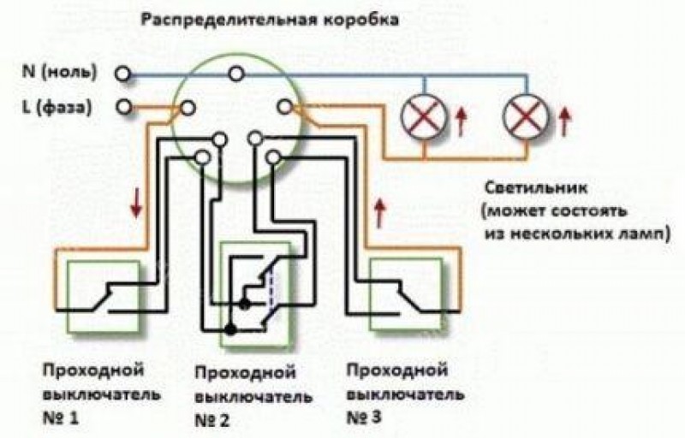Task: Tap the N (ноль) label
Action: coord(61,72)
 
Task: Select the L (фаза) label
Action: coord(59,108)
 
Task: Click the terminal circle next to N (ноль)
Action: coord(123,74)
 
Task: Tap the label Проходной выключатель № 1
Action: coord(90,394)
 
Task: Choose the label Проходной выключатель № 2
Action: coord(245,396)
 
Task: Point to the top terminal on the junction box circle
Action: coord(233,74)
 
